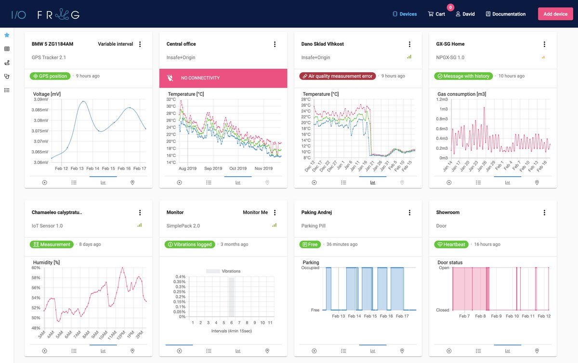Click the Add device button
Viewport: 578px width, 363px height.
tap(555, 14)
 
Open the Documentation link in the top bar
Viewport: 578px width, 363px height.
tap(505, 14)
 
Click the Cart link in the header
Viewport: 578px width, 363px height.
tap(436, 14)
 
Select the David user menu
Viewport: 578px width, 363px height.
tap(465, 14)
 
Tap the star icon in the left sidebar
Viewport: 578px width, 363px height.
tap(7, 35)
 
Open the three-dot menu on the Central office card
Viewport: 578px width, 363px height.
tap(275, 44)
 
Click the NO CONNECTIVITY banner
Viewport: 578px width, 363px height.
tap(223, 78)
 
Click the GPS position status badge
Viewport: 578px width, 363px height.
tap(50, 76)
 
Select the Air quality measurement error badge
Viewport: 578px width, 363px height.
tap(337, 76)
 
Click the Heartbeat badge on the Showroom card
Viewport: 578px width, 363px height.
tap(451, 245)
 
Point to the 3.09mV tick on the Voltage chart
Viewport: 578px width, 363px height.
tap(41, 99)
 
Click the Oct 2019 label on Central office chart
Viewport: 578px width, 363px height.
tap(237, 169)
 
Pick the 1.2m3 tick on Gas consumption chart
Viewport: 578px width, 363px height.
tap(442, 99)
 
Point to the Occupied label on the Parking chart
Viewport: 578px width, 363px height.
tap(311, 267)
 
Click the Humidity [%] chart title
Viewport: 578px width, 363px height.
tap(46, 262)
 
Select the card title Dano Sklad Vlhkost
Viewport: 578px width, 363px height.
tap(322, 44)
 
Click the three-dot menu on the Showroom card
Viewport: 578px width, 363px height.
tap(544, 213)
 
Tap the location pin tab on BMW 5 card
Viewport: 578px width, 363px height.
tap(132, 182)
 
